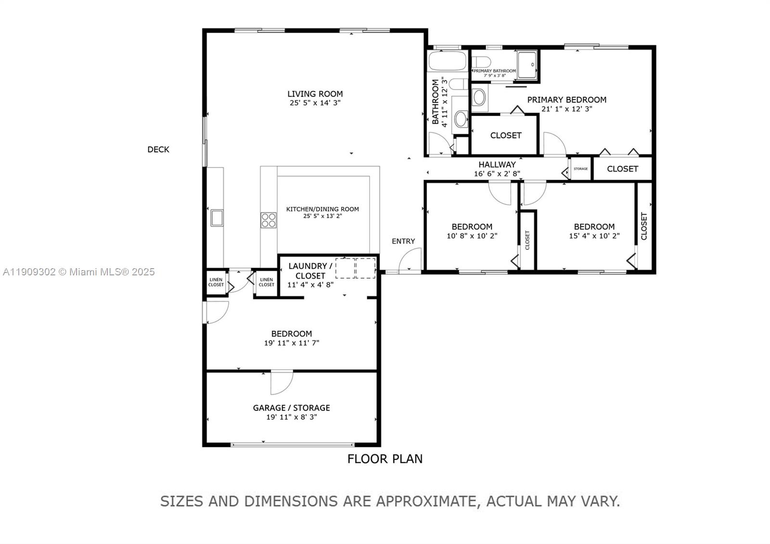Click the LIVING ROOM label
point(315,94)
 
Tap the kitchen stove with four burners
point(269,220)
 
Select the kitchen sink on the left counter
point(217,218)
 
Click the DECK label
point(158,150)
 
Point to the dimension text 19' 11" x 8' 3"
point(291,417)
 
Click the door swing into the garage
point(282,383)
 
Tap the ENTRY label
point(403,241)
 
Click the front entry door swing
point(411,261)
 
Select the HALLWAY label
point(497,165)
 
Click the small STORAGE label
point(580,169)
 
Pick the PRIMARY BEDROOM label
point(566,100)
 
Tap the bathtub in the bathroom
point(447,62)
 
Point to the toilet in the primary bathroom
point(481,62)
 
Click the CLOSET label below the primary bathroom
point(505,135)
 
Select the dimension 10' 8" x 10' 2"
point(472,236)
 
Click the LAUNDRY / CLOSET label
point(310,271)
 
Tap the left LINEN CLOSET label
point(216,282)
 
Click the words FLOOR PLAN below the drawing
point(385,459)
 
